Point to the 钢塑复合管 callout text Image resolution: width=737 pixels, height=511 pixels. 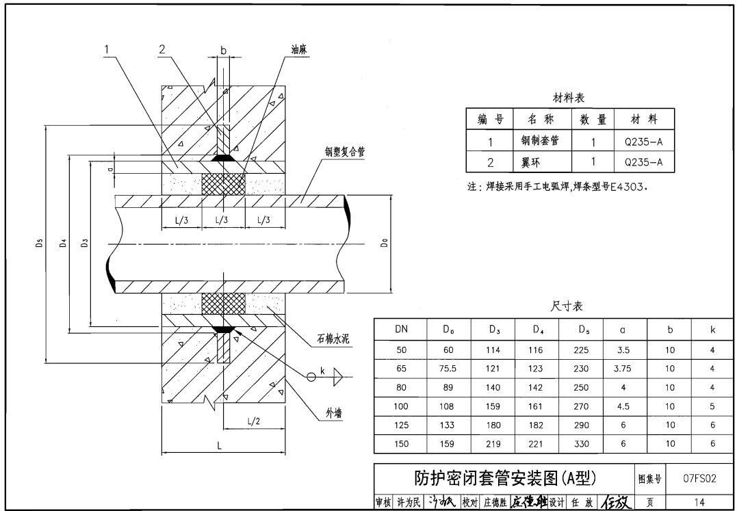[345, 153]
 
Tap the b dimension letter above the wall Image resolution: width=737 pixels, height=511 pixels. [223, 50]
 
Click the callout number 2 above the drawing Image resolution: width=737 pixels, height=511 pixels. [161, 49]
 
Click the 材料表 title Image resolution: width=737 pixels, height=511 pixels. [569, 99]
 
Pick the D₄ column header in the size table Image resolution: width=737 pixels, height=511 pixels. [536, 330]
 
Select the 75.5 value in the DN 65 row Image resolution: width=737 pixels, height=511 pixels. [448, 369]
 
